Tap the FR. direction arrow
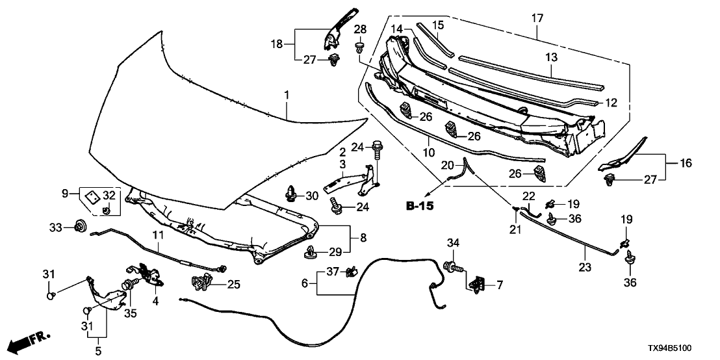coord(32,339)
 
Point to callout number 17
coord(537,18)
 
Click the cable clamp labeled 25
coord(203,281)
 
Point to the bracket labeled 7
coord(478,281)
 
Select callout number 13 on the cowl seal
coord(552,58)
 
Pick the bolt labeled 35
coord(129,285)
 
